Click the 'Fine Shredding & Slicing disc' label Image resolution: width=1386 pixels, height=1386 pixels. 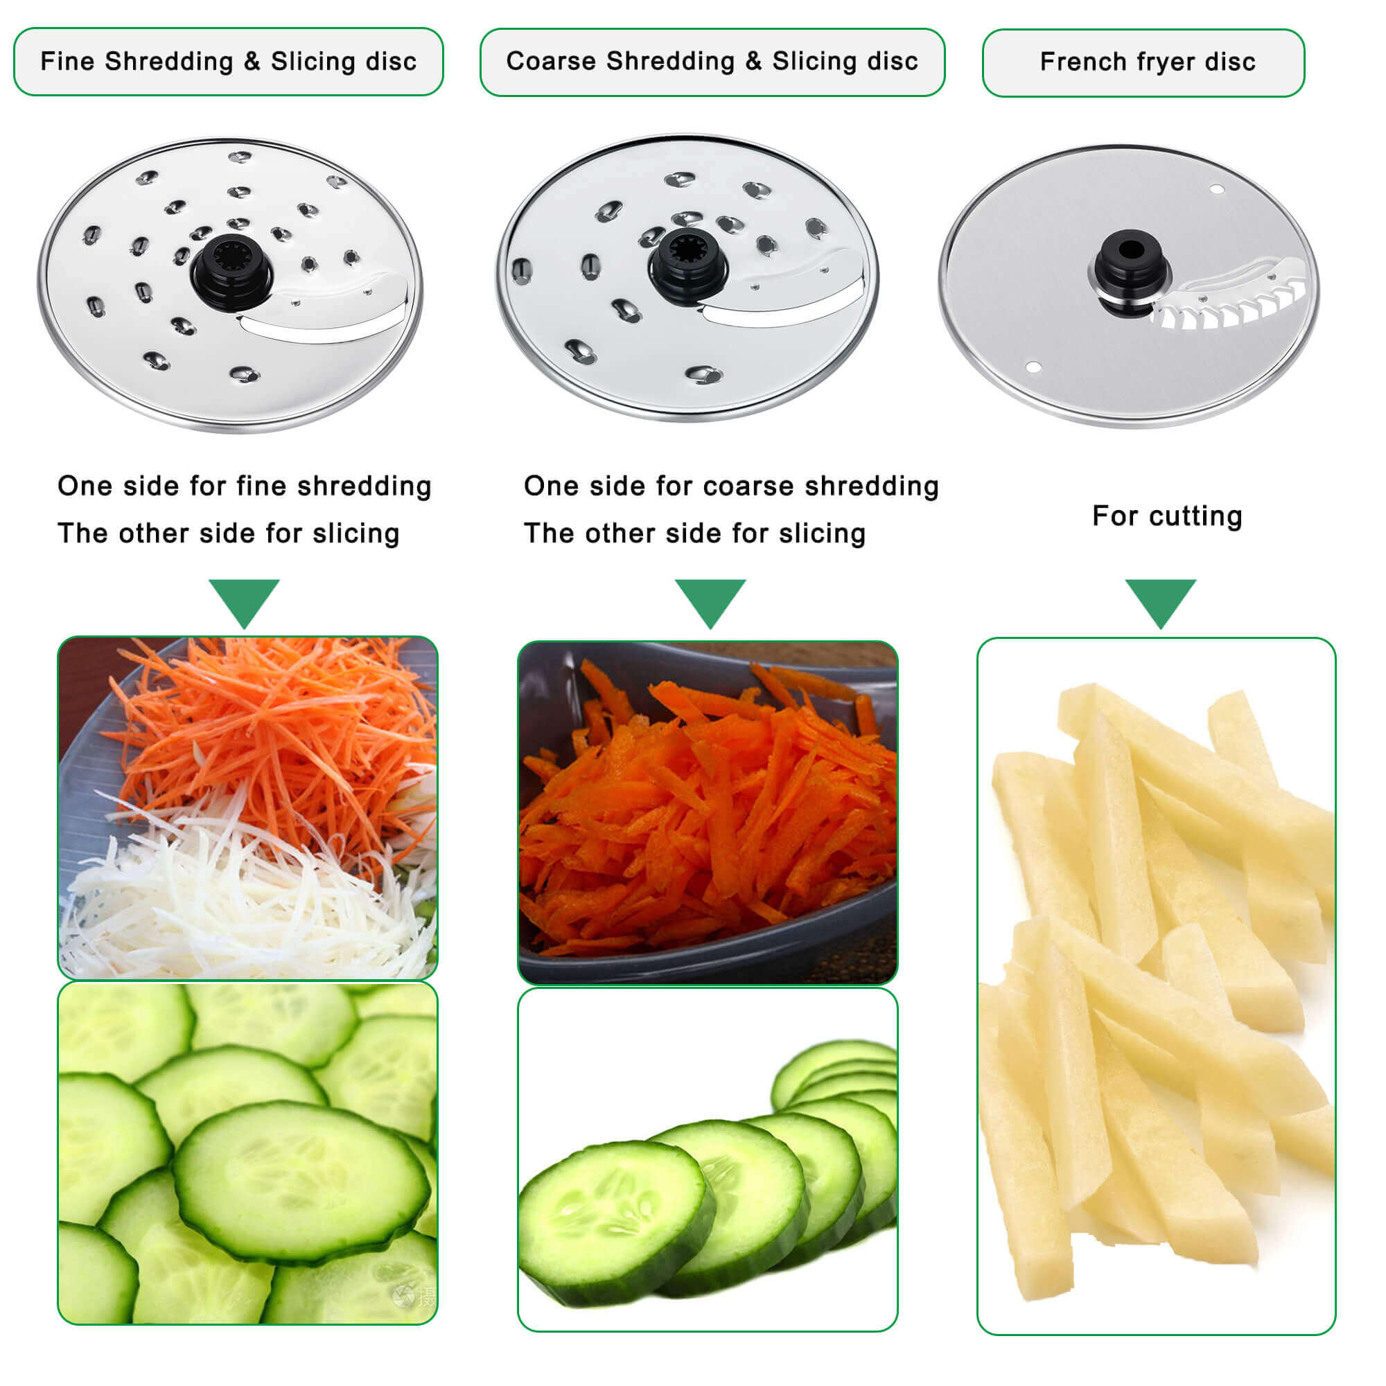[x=228, y=62]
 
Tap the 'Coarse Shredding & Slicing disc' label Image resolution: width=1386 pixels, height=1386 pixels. [x=712, y=62]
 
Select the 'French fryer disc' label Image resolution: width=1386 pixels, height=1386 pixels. [x=1147, y=62]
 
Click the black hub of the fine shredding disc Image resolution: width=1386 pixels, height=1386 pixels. [x=231, y=271]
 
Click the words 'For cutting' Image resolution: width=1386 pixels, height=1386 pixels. [x=1166, y=516]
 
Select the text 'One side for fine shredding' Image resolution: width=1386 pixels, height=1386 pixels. [x=244, y=486]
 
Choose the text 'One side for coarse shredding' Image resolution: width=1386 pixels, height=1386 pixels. [x=730, y=486]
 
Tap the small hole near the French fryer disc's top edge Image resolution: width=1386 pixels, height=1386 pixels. [x=1217, y=189]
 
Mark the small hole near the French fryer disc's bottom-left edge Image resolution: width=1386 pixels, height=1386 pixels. [x=1033, y=367]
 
